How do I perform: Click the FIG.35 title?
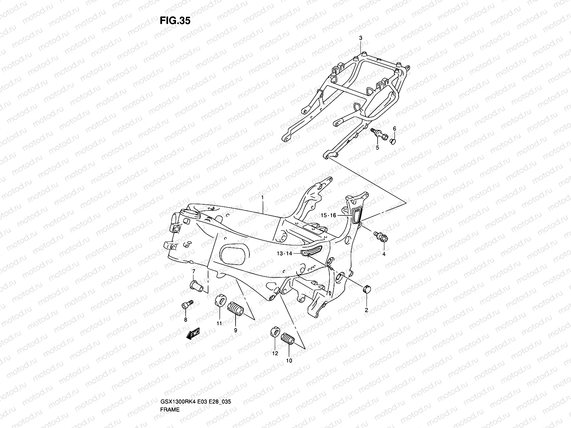175,21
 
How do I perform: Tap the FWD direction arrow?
193,333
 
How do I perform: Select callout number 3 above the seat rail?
360,38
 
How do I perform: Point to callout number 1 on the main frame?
262,198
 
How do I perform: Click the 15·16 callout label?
328,215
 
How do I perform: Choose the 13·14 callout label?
284,253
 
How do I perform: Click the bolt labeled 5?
379,134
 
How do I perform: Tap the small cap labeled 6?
393,141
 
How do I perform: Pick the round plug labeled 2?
367,289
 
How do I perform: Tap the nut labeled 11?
220,300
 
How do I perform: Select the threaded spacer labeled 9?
235,309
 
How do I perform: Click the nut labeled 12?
276,332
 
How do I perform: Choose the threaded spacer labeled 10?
288,339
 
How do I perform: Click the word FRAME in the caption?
170,409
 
